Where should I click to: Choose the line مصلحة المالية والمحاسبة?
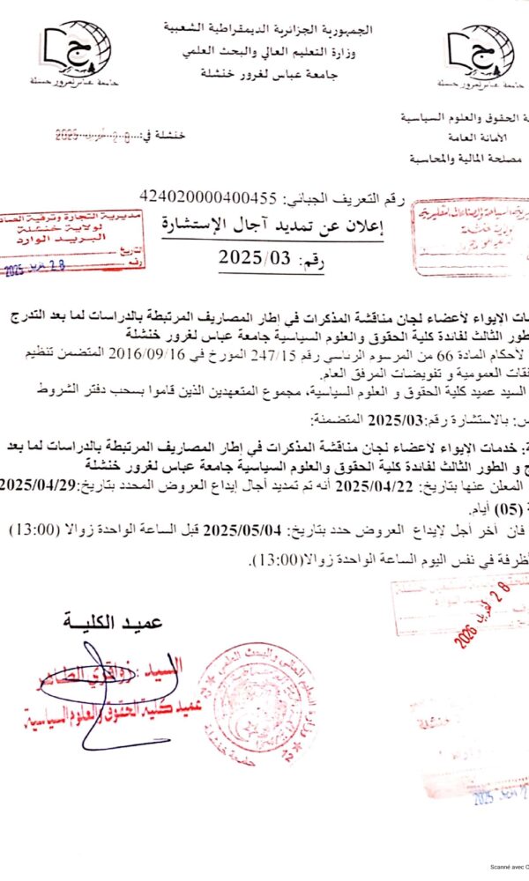[x=466, y=159]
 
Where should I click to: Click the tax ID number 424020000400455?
[x=208, y=196]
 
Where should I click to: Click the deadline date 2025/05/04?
[x=238, y=529]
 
